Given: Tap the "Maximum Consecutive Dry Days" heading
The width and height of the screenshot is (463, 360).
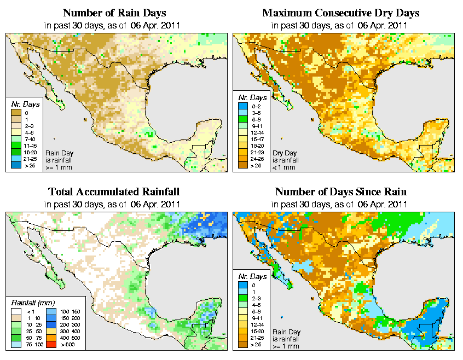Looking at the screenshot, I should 340,13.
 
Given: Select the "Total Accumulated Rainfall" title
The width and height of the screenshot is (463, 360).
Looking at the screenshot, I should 113,192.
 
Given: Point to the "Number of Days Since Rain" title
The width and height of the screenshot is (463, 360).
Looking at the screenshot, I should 340,192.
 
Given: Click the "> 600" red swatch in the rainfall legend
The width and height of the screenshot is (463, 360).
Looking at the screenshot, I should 51,345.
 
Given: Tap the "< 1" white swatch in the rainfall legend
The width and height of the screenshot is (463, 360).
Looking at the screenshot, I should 16,312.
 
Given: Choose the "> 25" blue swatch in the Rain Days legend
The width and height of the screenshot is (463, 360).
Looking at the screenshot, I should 16,164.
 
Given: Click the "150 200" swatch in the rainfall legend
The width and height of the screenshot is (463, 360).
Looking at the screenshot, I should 51,318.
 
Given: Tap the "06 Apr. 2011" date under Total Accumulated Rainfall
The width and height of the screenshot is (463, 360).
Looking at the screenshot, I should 156,204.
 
